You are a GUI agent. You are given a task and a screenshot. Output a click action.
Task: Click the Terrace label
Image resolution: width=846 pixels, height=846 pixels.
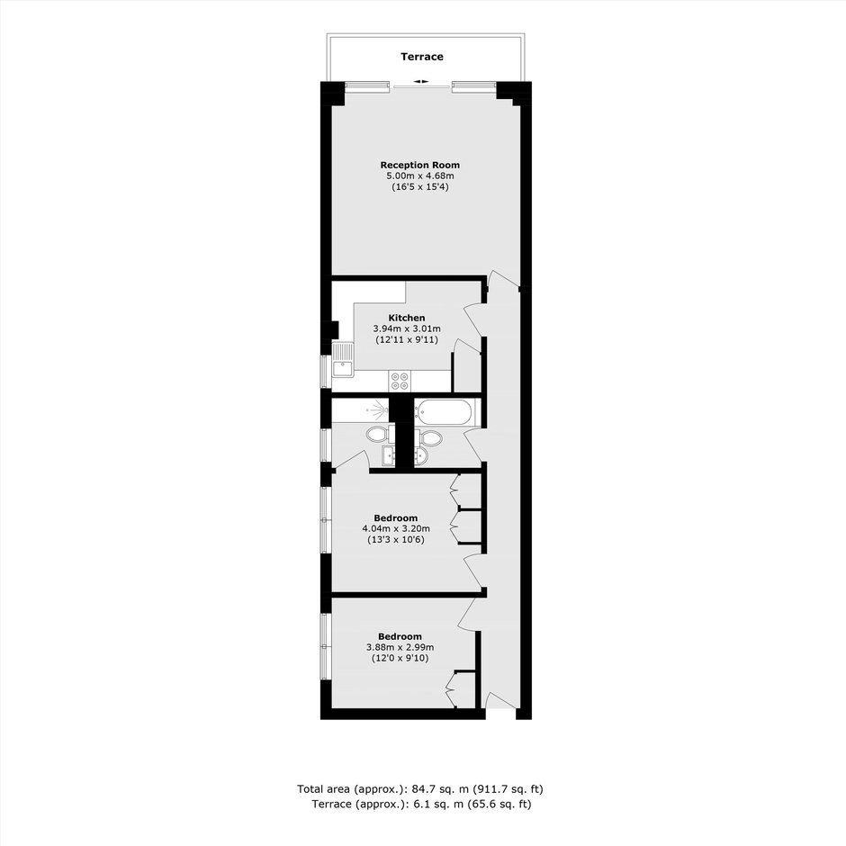tap(422, 57)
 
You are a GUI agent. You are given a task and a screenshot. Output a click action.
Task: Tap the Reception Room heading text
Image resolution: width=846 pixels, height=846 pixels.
tap(419, 165)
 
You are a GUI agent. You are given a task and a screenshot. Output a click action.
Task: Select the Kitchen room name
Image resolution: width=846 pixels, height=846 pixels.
tap(406, 318)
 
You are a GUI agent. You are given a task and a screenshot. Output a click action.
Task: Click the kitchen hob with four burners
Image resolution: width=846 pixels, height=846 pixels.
tap(400, 381)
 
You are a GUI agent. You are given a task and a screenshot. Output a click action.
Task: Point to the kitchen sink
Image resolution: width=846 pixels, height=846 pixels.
tap(342, 359)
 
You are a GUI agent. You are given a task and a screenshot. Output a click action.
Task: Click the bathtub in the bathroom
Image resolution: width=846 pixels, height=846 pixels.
tap(446, 412)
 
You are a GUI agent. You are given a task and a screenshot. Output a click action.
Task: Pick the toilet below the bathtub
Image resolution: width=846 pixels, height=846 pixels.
tap(428, 437)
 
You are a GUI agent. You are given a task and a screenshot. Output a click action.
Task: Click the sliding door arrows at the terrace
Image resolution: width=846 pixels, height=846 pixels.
tap(421, 82)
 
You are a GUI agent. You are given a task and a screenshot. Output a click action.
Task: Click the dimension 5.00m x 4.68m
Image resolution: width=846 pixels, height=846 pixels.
tap(419, 175)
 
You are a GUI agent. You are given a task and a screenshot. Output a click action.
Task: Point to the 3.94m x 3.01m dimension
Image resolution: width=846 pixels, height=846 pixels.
tap(406, 328)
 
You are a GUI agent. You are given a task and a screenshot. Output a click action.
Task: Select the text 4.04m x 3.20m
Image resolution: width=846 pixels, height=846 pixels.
tap(396, 529)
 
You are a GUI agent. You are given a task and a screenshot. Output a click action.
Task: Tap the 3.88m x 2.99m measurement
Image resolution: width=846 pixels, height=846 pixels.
tap(400, 647)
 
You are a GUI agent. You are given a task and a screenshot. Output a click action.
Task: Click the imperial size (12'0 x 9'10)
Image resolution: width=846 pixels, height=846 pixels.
tap(400, 658)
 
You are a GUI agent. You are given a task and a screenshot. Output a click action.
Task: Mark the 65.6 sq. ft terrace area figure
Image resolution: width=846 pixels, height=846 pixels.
tap(499, 804)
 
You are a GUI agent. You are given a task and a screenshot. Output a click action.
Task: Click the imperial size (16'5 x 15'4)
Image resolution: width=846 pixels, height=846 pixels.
tap(419, 187)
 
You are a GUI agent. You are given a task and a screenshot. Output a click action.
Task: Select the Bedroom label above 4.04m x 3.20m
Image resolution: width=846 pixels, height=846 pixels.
tap(395, 518)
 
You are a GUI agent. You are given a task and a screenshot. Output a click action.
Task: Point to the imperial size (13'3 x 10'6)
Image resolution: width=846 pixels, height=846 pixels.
tap(396, 539)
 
